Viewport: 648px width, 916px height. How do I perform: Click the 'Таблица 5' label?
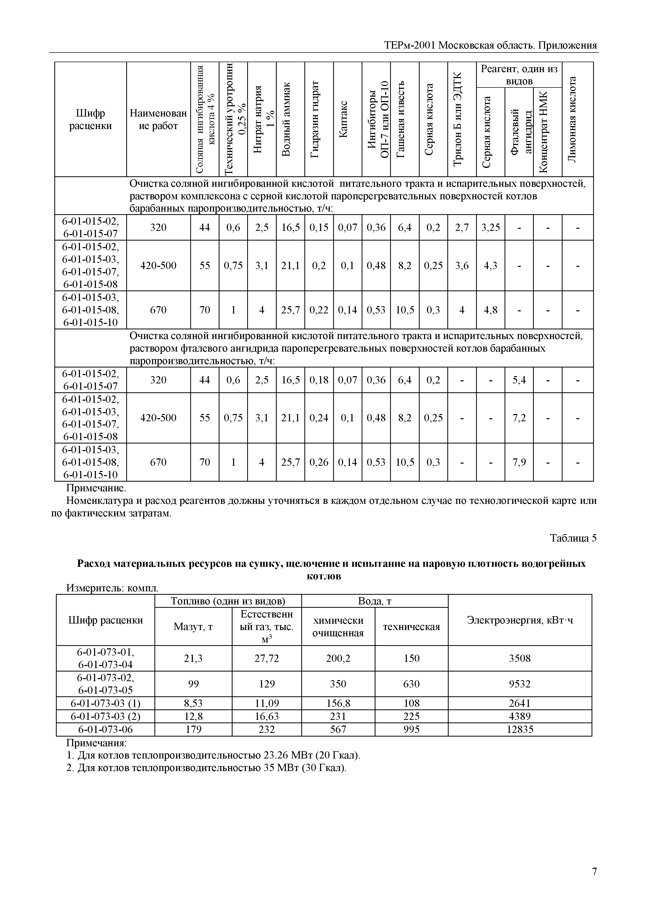[x=573, y=538]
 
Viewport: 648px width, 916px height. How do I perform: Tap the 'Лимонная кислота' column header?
[x=572, y=119]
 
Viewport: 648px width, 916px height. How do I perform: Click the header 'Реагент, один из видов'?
[x=519, y=75]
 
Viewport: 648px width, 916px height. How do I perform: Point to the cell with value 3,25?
[x=490, y=227]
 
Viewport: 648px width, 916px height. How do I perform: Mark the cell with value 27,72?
[x=267, y=658]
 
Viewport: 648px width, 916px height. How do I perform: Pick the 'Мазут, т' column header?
[x=193, y=627]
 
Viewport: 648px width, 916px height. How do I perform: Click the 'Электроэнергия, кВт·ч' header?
[x=519, y=620]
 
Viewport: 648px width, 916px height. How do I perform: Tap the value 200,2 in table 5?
[x=338, y=658]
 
